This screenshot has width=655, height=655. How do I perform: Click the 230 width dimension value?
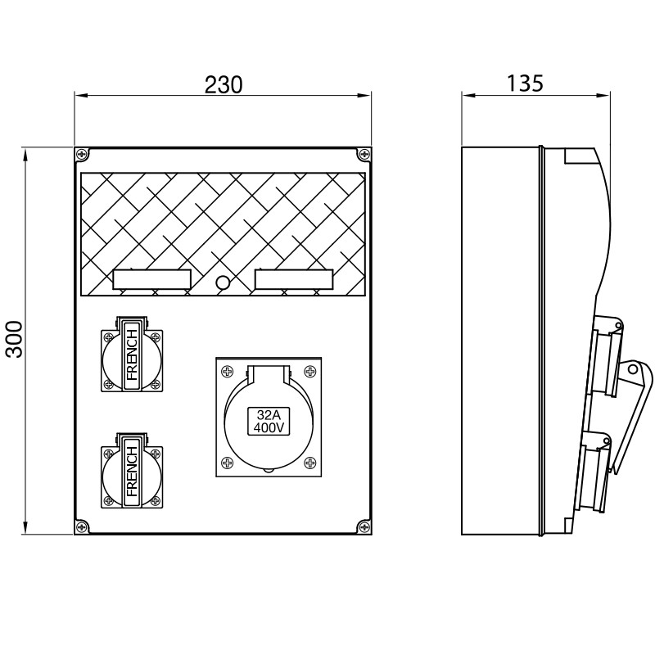(x=222, y=84)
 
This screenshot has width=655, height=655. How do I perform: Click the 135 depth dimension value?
(x=525, y=84)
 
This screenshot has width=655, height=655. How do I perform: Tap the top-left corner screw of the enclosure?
(x=80, y=154)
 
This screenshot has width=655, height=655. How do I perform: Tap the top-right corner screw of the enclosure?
(x=364, y=154)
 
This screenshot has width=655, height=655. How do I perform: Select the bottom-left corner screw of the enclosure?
(x=80, y=527)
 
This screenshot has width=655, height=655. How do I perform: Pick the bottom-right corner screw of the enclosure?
(x=364, y=527)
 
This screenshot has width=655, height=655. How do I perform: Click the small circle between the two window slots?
(x=222, y=283)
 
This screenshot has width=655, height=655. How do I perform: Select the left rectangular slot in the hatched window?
(x=151, y=279)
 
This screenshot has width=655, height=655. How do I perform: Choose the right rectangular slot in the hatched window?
(x=292, y=279)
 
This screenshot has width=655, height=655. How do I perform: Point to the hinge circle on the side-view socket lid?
(x=632, y=371)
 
